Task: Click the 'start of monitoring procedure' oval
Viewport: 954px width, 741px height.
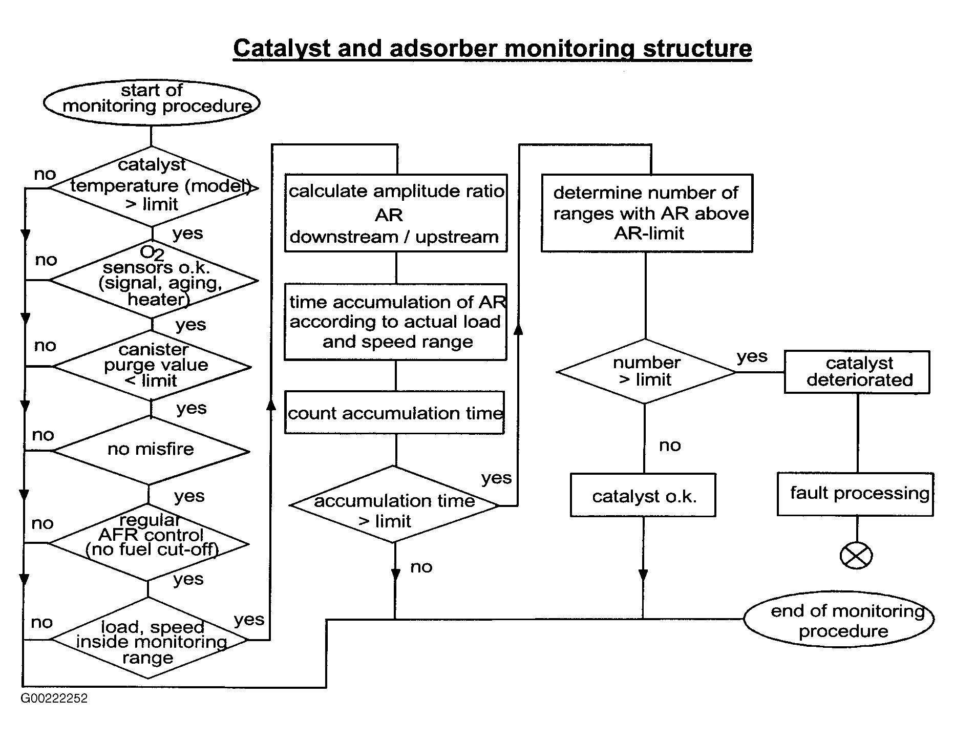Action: (x=152, y=102)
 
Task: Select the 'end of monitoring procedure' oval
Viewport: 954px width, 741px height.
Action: (x=839, y=619)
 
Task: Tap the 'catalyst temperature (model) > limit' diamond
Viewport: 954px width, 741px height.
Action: (x=153, y=187)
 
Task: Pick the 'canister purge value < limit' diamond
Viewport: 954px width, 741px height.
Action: (x=152, y=366)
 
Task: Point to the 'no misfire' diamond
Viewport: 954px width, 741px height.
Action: (x=151, y=451)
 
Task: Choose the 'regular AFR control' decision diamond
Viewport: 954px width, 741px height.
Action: (x=149, y=543)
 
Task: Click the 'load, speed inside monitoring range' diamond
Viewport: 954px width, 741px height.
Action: (x=149, y=639)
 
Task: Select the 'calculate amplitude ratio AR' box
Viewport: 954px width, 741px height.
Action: (x=396, y=213)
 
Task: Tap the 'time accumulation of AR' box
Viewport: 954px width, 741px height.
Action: (x=396, y=322)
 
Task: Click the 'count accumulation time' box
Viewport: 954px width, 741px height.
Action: (x=395, y=413)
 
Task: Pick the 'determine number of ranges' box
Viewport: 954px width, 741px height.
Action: (x=647, y=213)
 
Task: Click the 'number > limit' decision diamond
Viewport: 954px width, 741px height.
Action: (x=646, y=371)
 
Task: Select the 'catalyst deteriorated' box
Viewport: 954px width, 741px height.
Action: (x=857, y=372)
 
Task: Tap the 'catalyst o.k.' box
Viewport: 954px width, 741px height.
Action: (x=643, y=495)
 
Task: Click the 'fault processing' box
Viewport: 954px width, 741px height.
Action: (x=856, y=494)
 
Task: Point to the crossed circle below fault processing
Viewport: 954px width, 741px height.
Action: (x=857, y=556)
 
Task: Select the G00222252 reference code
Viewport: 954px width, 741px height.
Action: (x=54, y=698)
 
